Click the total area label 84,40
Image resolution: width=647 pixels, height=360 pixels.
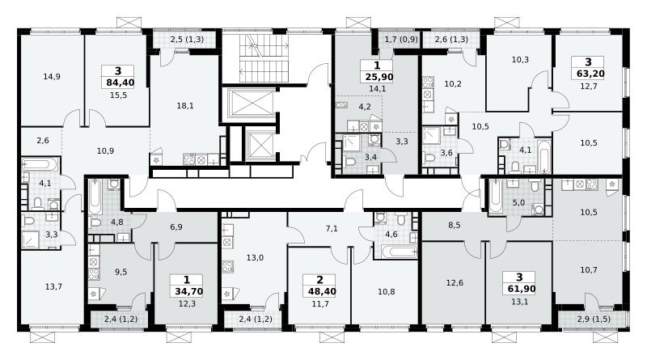pos(120,83)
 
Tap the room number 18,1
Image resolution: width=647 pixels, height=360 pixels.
pos(185,106)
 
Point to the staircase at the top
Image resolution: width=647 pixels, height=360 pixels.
pos(263,58)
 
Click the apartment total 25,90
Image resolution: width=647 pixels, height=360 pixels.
pos(379,77)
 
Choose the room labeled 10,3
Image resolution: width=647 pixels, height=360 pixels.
pos(520,59)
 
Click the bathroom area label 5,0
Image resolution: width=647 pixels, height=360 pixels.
pos(518,203)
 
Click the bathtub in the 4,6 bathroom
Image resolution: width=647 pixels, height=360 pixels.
pos(400,252)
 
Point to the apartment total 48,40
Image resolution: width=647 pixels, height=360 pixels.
pos(322,291)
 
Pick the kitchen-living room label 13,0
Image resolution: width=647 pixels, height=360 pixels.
pos(255,257)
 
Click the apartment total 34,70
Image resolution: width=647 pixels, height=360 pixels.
pos(189,291)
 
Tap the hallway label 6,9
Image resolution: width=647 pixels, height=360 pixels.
pos(176,227)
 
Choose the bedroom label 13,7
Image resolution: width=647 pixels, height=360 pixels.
pos(53,286)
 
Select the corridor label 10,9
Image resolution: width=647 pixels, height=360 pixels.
pos(105,151)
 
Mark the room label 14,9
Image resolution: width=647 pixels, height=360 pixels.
pos(52,76)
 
